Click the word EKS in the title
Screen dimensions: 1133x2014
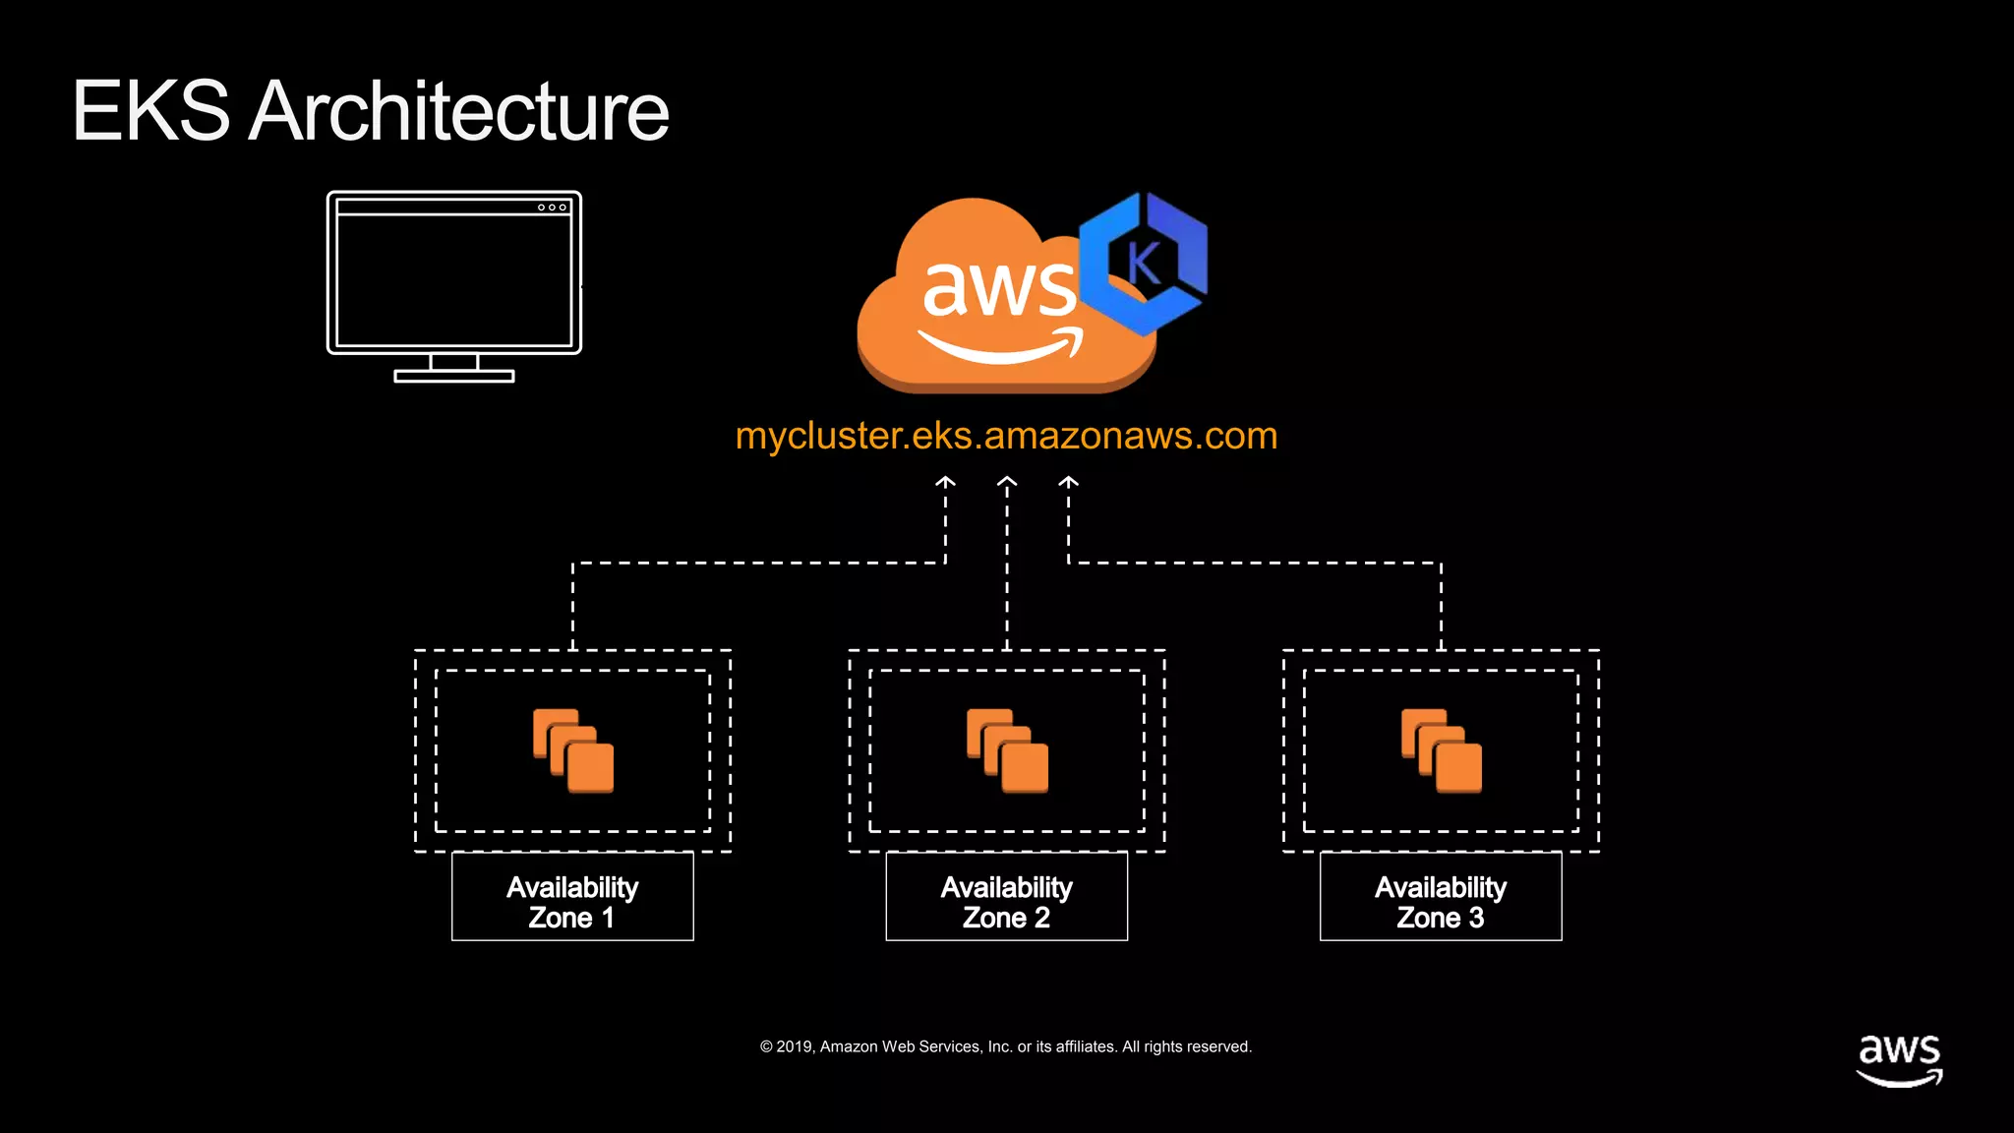tap(150, 111)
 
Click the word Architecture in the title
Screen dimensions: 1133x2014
tap(458, 111)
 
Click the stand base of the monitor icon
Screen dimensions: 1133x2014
tap(453, 376)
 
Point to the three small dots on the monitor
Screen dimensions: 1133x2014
tap(552, 208)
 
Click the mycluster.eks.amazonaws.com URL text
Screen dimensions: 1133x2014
tap(1006, 436)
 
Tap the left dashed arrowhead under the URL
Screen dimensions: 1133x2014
tap(945, 482)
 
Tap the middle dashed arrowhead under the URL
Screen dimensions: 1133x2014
tap(1007, 482)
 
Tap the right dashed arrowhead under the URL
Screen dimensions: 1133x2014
tap(1069, 482)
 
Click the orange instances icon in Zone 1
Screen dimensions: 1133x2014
tap(573, 750)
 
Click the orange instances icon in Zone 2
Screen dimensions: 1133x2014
tap(1007, 750)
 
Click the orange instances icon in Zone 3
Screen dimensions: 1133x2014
tap(1442, 750)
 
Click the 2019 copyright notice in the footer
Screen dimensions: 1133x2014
tap(1005, 1046)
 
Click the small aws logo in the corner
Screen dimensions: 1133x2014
tap(1899, 1059)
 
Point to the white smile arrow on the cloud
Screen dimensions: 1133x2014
tap(1000, 347)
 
